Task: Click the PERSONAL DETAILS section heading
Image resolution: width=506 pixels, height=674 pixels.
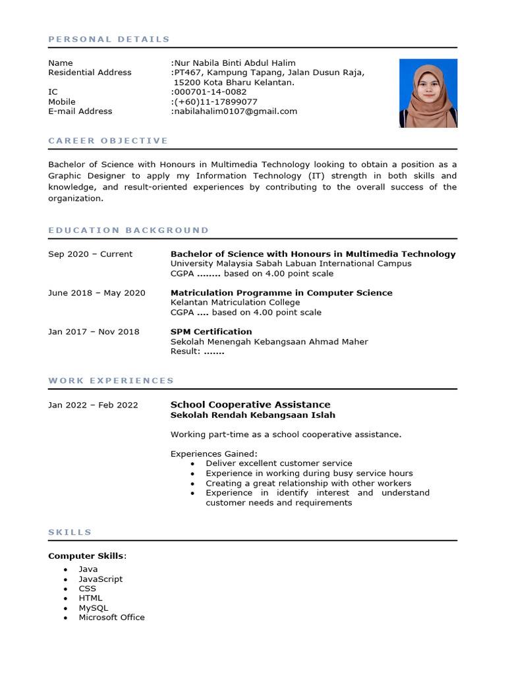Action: point(109,39)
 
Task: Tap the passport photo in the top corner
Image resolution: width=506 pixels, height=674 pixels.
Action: point(428,93)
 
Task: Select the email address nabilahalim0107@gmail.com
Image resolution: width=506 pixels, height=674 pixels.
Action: point(235,111)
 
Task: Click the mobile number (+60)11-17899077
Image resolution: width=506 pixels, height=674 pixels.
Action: point(215,102)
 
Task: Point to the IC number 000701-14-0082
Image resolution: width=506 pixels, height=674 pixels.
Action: point(210,92)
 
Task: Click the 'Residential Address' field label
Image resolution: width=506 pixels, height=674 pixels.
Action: point(90,72)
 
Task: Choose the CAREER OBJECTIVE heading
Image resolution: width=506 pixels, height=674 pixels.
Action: point(108,141)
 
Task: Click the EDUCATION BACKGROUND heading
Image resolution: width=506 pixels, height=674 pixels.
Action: point(128,230)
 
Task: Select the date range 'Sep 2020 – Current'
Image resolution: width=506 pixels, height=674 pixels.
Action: point(90,254)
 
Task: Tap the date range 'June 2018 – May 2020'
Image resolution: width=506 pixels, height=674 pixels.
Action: point(97,293)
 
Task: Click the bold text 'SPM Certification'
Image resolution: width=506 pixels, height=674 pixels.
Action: point(211,332)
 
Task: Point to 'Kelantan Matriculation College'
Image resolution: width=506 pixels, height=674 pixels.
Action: point(235,303)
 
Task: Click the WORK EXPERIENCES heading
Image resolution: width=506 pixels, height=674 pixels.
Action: point(111,380)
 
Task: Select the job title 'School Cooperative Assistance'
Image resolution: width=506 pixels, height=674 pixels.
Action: point(250,405)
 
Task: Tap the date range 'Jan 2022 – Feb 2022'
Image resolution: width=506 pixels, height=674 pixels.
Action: point(93,405)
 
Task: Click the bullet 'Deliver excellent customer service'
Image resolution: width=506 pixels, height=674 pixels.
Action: point(279,463)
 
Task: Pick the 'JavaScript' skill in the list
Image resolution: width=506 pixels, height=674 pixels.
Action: point(101,579)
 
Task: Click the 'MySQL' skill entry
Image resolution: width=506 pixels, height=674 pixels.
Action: point(94,608)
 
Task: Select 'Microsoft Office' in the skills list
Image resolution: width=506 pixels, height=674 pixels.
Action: point(112,617)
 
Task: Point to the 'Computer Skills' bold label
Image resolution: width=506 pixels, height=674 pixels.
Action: point(86,556)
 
